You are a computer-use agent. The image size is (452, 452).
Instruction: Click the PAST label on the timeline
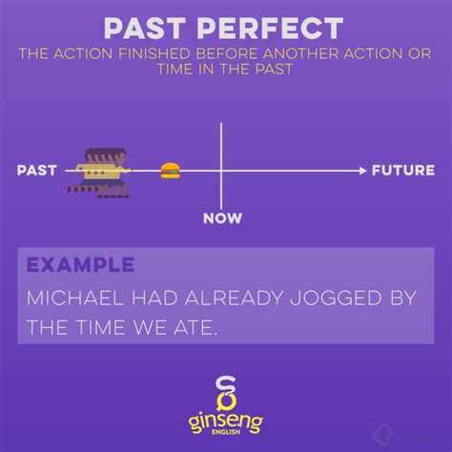pyautogui.click(x=37, y=171)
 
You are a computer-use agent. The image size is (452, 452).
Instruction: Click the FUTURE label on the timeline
pyautogui.click(x=403, y=171)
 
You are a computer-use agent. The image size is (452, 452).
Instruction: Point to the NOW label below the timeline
pyautogui.click(x=221, y=218)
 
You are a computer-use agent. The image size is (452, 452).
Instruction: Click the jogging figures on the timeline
pyautogui.click(x=99, y=171)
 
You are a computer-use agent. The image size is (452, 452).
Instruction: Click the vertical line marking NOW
pyautogui.click(x=221, y=143)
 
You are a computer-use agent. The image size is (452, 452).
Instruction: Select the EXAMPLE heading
pyautogui.click(x=80, y=264)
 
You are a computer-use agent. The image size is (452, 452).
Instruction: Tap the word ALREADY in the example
pyautogui.click(x=216, y=298)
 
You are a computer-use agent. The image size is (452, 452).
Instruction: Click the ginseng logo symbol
pyautogui.click(x=226, y=392)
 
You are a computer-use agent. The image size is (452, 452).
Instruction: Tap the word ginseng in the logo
pyautogui.click(x=226, y=418)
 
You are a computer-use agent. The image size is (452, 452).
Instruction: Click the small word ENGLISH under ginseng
pyautogui.click(x=226, y=435)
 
